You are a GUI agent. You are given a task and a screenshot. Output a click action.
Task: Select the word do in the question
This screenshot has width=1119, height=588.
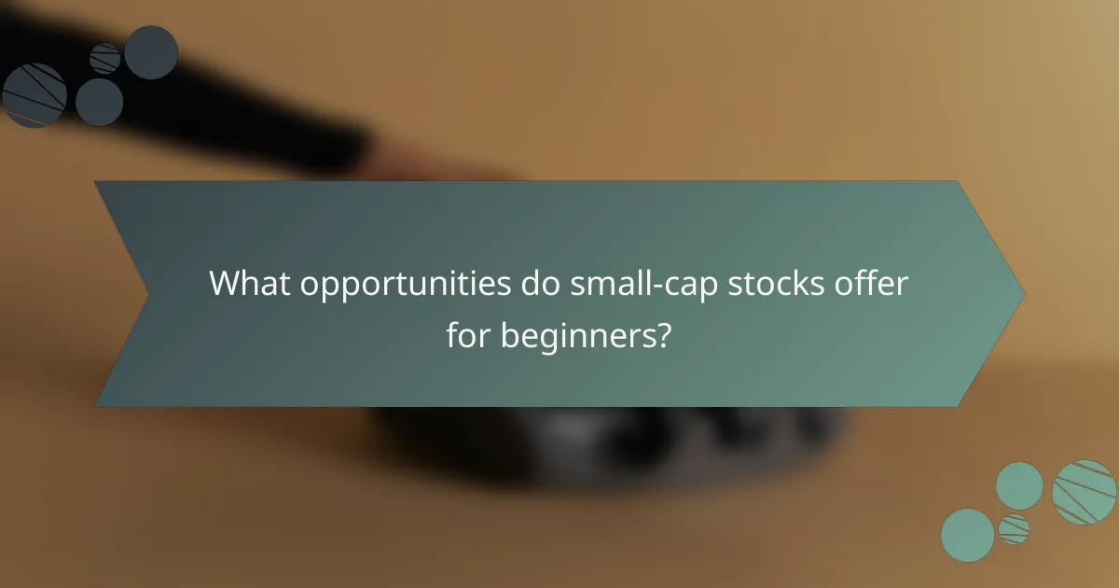click(x=542, y=283)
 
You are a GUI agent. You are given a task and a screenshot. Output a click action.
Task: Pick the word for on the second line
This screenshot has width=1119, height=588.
click(x=469, y=333)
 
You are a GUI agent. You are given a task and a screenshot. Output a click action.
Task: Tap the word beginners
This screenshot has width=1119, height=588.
click(x=578, y=333)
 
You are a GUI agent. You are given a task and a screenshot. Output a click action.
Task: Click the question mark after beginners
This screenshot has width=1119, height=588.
click(x=664, y=333)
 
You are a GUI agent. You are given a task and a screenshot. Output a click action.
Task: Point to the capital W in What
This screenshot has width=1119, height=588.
click(x=224, y=283)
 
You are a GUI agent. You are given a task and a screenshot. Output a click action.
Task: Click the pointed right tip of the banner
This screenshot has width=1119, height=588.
click(x=1023, y=293)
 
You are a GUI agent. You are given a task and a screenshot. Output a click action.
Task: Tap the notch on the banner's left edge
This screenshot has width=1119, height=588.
click(x=147, y=293)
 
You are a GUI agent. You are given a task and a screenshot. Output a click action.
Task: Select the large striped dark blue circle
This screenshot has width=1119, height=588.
click(x=34, y=95)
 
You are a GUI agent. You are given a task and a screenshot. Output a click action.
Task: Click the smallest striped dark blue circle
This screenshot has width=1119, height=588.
click(x=105, y=58)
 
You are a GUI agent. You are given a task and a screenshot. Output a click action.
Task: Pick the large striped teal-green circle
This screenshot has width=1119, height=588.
click(x=1084, y=492)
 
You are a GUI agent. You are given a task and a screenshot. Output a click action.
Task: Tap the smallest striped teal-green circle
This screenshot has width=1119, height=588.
click(x=1014, y=528)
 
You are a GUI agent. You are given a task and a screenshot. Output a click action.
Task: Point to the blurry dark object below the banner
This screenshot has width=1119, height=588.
click(x=606, y=439)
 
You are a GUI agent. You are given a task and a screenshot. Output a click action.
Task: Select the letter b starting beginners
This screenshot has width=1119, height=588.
click(x=509, y=333)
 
